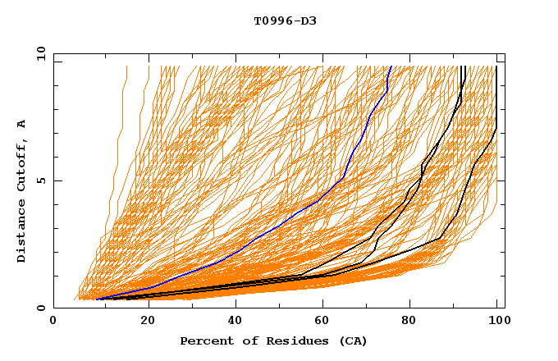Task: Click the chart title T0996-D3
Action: tap(285, 21)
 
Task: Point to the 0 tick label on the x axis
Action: tap(53, 321)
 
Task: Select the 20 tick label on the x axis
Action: tap(142, 321)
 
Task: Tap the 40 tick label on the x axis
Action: tap(231, 321)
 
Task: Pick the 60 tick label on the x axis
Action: tap(320, 321)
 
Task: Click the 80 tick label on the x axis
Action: tap(409, 321)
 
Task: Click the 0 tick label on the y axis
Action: tap(39, 308)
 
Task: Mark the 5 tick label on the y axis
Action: tap(39, 180)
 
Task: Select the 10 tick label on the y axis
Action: tap(39, 53)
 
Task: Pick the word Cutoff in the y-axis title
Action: tap(22, 161)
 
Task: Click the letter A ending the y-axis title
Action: tap(22, 124)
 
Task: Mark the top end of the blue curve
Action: tap(391, 66)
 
